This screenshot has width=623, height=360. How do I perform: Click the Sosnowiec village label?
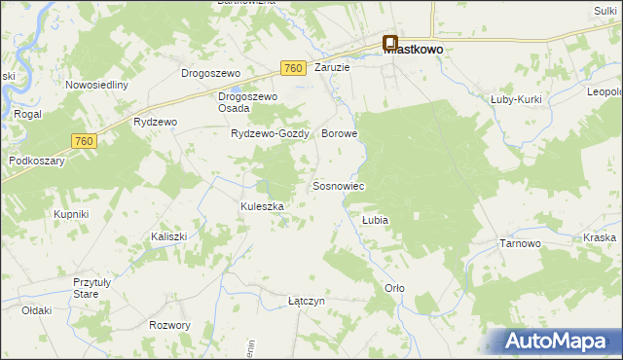[x=338, y=186]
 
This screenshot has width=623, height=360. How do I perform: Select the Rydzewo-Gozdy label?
[x=270, y=134]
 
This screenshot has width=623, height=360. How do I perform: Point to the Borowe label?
[x=340, y=133]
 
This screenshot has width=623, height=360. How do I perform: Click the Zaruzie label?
[x=332, y=68]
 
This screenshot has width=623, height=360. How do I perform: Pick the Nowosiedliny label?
[x=97, y=85]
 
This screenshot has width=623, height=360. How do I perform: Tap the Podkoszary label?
[x=36, y=161]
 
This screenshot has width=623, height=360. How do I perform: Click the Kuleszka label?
[x=262, y=206]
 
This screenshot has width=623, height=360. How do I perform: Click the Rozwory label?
[x=169, y=325]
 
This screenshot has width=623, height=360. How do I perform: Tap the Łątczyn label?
[x=307, y=301]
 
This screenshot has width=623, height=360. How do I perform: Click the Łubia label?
[x=375, y=221]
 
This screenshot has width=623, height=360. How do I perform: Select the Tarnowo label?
[x=519, y=243]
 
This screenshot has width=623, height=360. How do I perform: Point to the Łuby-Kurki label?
[x=515, y=99]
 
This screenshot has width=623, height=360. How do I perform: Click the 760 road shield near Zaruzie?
[x=293, y=68]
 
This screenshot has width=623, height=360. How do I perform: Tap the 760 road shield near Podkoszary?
[x=84, y=142]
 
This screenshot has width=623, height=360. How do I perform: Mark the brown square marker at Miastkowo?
[x=390, y=43]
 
